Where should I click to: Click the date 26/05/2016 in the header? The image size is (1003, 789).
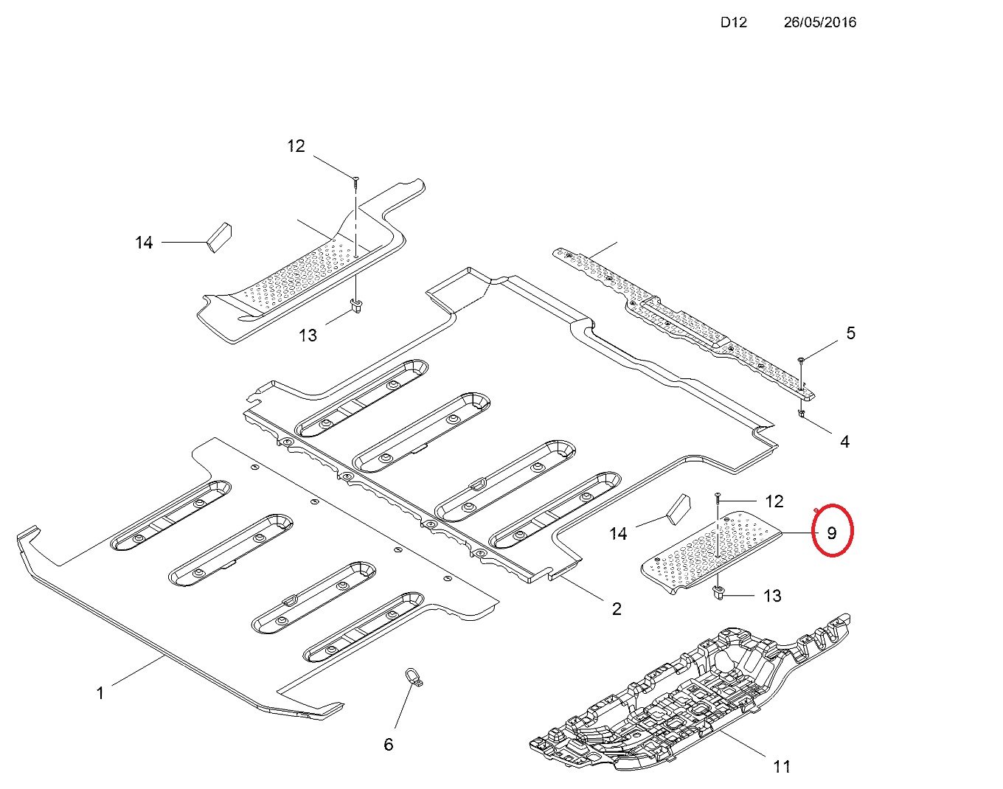tap(819, 22)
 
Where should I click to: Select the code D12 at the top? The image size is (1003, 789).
tap(733, 22)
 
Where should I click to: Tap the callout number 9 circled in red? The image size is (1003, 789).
tap(832, 532)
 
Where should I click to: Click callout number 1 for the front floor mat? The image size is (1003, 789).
tap(100, 693)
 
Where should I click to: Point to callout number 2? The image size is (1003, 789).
tap(617, 608)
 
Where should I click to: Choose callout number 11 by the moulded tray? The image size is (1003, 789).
tap(782, 767)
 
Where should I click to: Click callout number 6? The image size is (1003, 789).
tap(389, 745)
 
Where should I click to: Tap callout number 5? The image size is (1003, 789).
tap(850, 333)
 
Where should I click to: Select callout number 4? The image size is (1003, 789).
tap(844, 442)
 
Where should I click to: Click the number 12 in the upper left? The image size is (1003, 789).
tap(296, 146)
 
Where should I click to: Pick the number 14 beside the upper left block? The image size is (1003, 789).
tap(144, 242)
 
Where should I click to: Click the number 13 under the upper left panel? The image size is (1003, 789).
tap(308, 336)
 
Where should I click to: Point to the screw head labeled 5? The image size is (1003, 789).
tap(801, 359)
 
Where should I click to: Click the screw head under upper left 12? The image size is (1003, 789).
tap(355, 178)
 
